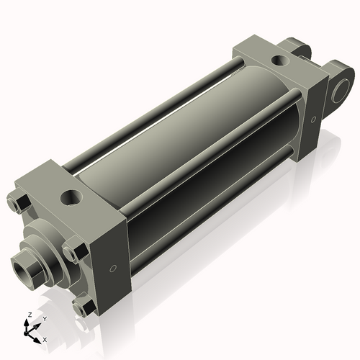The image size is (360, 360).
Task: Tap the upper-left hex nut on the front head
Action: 18,204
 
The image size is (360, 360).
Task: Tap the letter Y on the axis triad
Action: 44,318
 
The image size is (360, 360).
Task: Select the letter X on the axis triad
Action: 45,338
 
